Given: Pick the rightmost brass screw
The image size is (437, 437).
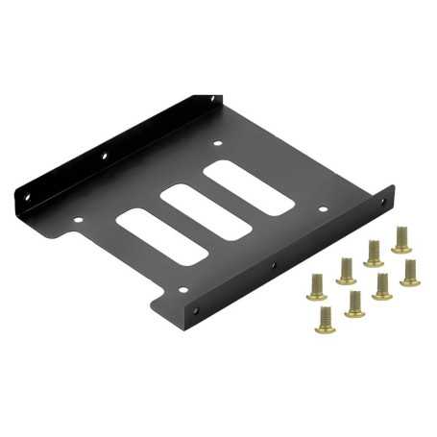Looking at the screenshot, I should [410, 270].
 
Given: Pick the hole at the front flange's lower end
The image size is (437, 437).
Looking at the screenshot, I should [199, 310].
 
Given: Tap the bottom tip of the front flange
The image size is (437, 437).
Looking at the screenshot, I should [193, 328].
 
